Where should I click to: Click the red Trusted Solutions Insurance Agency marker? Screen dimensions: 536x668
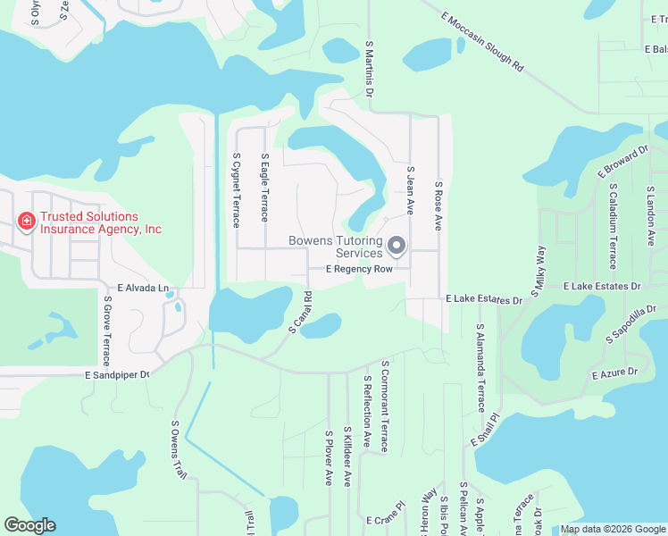click(x=26, y=221)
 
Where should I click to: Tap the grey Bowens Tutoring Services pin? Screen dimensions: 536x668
click(x=397, y=245)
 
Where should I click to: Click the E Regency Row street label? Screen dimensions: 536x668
click(x=359, y=269)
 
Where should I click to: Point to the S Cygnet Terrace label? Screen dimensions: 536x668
click(x=236, y=190)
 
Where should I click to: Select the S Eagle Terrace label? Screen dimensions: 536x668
click(x=264, y=188)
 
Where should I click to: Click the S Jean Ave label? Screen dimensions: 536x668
click(x=411, y=190)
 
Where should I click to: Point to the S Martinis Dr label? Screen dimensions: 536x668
click(x=369, y=69)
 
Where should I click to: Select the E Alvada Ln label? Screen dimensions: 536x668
click(x=137, y=289)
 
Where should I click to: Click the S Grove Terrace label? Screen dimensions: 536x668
click(x=106, y=335)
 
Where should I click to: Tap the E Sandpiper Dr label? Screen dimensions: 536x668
click(x=117, y=376)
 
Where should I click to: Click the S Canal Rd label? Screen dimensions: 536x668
click(x=299, y=313)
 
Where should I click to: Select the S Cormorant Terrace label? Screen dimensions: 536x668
click(x=384, y=406)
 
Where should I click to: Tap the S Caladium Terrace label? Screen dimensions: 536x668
click(x=613, y=227)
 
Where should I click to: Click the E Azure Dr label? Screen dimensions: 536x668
click(x=615, y=372)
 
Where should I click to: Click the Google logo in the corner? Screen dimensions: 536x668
click(x=29, y=525)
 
